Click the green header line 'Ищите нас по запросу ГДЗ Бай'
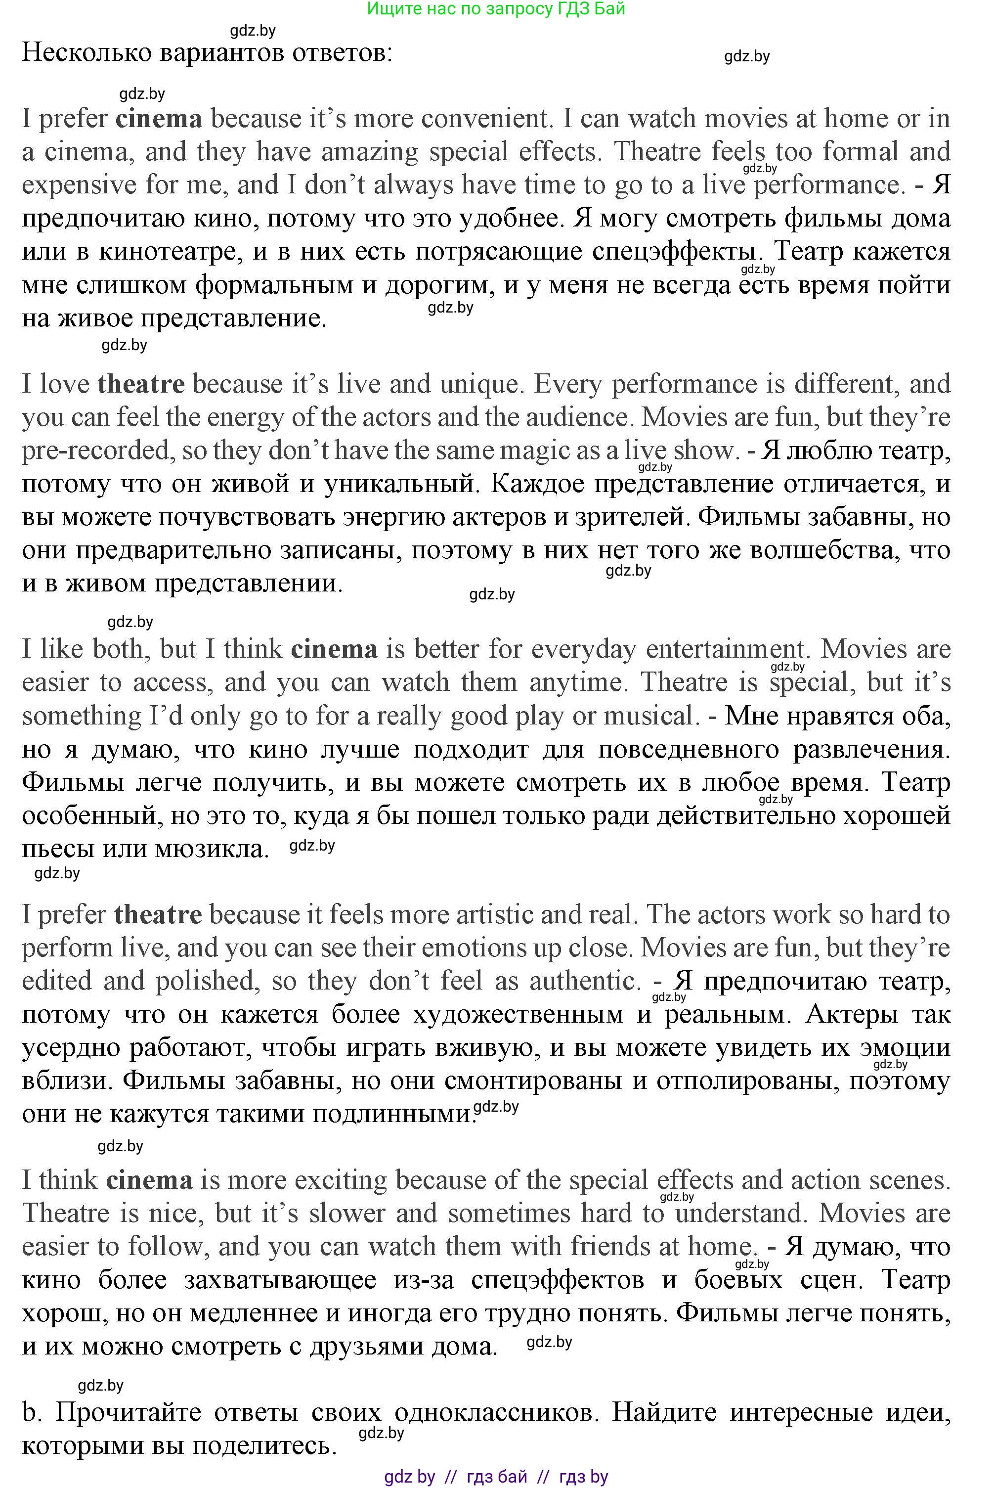tap(496, 9)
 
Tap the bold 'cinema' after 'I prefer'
tap(159, 119)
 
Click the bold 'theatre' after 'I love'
tap(141, 384)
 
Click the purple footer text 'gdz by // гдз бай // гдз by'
tap(496, 1477)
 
